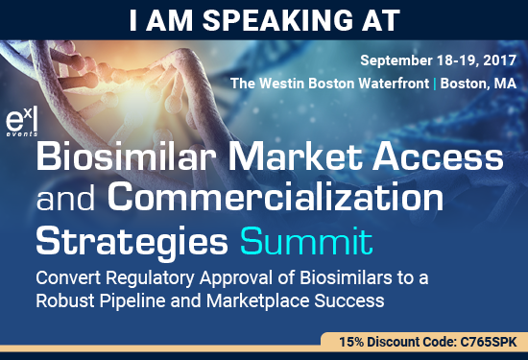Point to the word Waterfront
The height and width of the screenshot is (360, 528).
(x=389, y=84)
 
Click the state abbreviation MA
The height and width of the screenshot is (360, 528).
(x=505, y=84)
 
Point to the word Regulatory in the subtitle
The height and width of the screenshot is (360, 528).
(x=159, y=276)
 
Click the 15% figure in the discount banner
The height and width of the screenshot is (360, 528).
(x=350, y=342)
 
